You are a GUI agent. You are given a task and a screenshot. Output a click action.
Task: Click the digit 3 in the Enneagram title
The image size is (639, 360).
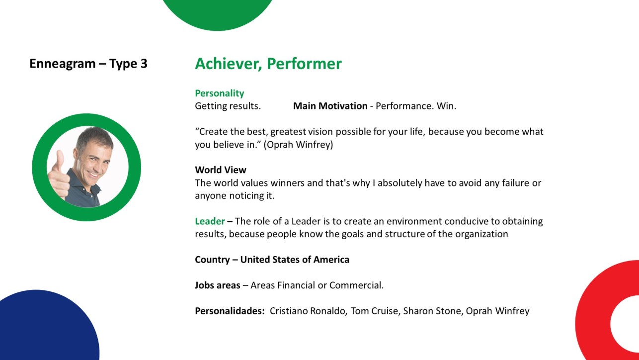(x=144, y=63)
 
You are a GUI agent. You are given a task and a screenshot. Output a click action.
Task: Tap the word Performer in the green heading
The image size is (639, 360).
(x=304, y=64)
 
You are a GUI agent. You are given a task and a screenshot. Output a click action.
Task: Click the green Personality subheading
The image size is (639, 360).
(x=219, y=93)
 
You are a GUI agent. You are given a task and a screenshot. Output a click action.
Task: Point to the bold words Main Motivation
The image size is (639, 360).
(x=330, y=106)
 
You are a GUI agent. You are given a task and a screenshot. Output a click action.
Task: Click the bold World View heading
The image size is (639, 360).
(x=221, y=170)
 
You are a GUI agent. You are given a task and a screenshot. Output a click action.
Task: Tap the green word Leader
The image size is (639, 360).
(x=210, y=221)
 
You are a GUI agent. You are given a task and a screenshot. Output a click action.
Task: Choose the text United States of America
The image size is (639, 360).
(x=295, y=260)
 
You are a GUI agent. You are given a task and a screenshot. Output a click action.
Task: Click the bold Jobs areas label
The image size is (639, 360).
(x=217, y=285)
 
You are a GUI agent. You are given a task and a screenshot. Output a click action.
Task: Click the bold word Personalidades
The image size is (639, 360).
(x=230, y=311)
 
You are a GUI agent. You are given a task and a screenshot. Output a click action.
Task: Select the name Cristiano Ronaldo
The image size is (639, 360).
(x=309, y=311)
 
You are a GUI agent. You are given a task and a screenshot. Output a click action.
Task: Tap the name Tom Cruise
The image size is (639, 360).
(x=375, y=311)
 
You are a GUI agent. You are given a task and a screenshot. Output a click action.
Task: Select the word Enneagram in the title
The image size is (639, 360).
(x=63, y=64)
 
